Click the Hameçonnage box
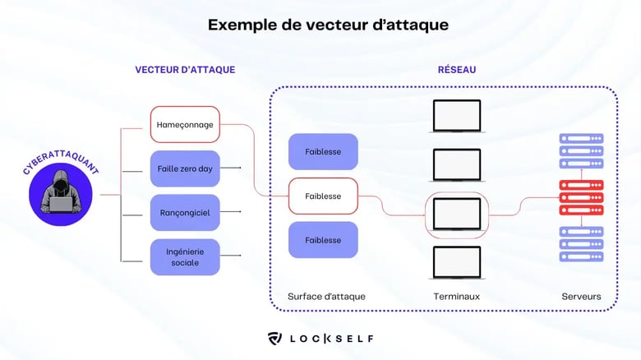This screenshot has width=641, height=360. coord(185,124)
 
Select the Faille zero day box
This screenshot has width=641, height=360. coord(185,168)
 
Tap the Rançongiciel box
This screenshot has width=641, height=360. coord(185,213)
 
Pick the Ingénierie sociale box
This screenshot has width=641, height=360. coord(185,256)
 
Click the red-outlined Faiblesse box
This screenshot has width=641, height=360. coord(323,196)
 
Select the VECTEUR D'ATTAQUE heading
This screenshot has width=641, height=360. coord(185,70)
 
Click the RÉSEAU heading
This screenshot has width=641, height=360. coord(456,70)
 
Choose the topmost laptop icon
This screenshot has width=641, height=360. coord(456,116)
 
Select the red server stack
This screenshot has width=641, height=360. coord(581,197)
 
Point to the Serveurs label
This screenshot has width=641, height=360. coord(581,296)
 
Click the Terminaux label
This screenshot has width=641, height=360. coord(456,296)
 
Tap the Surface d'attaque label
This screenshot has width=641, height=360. coord(326,296)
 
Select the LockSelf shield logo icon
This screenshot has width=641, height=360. coord(275,338)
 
